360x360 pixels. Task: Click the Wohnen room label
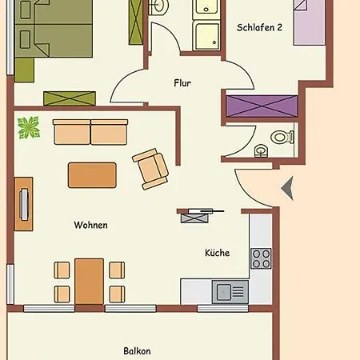pyautogui.click(x=91, y=225)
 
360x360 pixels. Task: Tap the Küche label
pyautogui.click(x=218, y=253)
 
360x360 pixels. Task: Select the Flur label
pyautogui.click(x=182, y=83)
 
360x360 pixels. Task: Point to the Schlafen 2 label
pyautogui.click(x=259, y=27)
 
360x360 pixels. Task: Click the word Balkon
pyautogui.click(x=137, y=351)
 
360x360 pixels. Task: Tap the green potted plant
pyautogui.click(x=29, y=128)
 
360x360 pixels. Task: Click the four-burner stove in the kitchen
pyautogui.click(x=261, y=258)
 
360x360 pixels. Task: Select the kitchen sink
pyautogui.click(x=230, y=292)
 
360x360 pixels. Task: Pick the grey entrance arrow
pyautogui.click(x=288, y=188)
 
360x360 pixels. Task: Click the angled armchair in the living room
pyautogui.click(x=150, y=169)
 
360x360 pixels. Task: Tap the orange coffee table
pyautogui.click(x=92, y=175)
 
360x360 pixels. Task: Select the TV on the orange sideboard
pyautogui.click(x=24, y=204)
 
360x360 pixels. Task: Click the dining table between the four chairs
pyautogui.click(x=89, y=282)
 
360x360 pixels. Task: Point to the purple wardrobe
pyautogui.click(x=262, y=106)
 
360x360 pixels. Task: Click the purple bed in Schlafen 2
pyautogui.click(x=310, y=22)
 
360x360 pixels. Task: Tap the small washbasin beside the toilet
pyautogui.click(x=261, y=151)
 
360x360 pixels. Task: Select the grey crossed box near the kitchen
pyautogui.click(x=194, y=218)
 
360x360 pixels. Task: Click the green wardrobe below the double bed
pyautogui.click(x=70, y=98)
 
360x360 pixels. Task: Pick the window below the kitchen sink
pyautogui.click(x=223, y=309)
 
